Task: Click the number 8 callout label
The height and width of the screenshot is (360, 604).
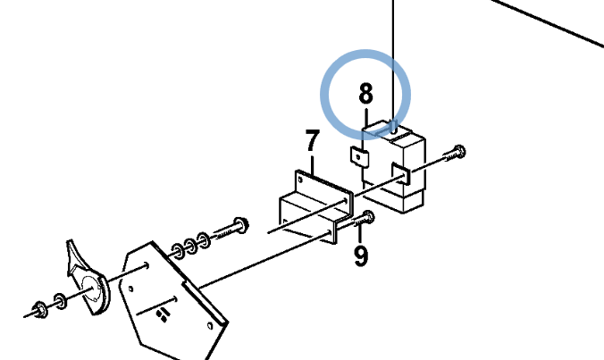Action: tap(365, 93)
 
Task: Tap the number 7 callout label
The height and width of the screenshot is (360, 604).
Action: tap(313, 140)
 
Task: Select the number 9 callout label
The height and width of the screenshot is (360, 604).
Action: tap(361, 255)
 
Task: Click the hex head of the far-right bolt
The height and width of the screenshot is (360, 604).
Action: tap(459, 151)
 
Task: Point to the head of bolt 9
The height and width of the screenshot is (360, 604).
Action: tap(368, 217)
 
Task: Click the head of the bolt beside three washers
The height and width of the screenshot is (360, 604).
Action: tap(241, 225)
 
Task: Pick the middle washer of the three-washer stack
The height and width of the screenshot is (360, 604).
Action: tap(190, 246)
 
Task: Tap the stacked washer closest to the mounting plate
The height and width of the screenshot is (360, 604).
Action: tap(178, 251)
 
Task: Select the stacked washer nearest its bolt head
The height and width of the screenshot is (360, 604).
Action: tap(203, 239)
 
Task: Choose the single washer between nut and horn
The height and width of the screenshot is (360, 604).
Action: tap(60, 301)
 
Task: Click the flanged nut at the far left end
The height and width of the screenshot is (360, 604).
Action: tap(41, 310)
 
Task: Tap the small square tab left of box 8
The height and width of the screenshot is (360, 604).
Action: tap(359, 157)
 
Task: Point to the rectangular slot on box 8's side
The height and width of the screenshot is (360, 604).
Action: tap(400, 173)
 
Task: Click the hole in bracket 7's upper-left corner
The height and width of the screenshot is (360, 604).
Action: tap(300, 179)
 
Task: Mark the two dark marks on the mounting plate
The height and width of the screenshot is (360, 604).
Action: tap(163, 314)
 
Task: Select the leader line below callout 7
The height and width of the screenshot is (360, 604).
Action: tap(313, 165)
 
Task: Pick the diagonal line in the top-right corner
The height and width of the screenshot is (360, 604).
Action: tap(547, 22)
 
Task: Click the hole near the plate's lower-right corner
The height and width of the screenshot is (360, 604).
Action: tap(210, 327)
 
